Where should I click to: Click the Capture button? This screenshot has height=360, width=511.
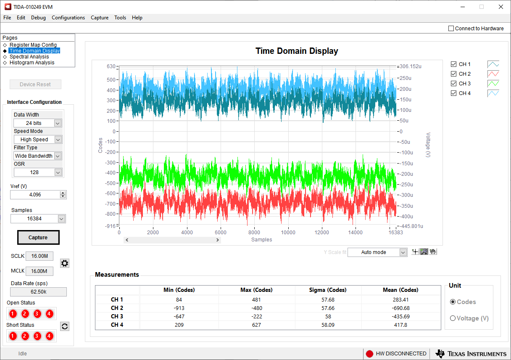point(38,238)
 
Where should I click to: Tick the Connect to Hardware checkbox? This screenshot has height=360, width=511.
point(451,29)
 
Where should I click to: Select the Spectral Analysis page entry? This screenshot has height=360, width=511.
point(29,57)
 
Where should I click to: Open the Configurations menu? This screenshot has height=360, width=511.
point(68,18)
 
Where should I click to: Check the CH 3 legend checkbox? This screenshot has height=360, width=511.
point(453,84)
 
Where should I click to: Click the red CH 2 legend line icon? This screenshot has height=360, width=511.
point(493,74)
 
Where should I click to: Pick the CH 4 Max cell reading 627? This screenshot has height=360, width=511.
point(256,325)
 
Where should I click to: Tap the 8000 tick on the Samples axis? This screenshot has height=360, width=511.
point(254,233)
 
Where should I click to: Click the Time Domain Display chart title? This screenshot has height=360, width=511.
point(297,51)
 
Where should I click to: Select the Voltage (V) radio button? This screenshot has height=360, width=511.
point(453,318)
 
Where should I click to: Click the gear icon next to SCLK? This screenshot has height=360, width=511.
point(65,263)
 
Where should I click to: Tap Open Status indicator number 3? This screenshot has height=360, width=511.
point(37,314)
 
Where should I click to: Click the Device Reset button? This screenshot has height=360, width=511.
point(35,85)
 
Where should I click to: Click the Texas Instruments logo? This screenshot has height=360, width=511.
point(471,354)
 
